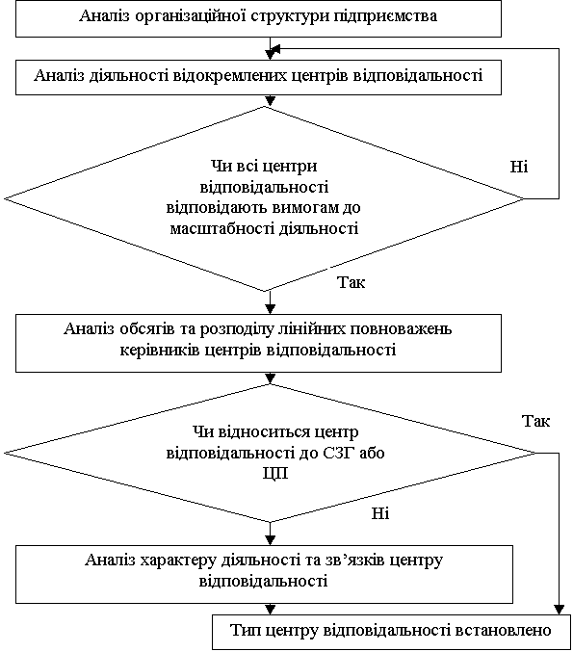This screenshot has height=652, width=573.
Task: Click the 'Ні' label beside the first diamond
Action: (519, 167)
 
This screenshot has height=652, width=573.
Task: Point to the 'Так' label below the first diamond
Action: (351, 282)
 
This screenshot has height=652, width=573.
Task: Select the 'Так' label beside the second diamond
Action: (535, 421)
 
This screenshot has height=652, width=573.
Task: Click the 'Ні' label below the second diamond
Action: (380, 513)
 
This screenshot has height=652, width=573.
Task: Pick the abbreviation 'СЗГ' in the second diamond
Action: (339, 453)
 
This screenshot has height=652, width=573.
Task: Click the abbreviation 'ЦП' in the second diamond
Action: (275, 474)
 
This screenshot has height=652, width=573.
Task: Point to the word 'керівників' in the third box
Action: (160, 350)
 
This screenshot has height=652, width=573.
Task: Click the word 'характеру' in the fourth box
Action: (178, 561)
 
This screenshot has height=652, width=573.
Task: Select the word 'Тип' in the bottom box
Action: (245, 631)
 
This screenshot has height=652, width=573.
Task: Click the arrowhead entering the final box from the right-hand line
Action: (559, 610)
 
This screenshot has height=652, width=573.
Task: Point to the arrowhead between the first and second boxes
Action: (271, 55)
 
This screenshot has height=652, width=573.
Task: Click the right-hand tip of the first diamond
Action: (524, 198)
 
